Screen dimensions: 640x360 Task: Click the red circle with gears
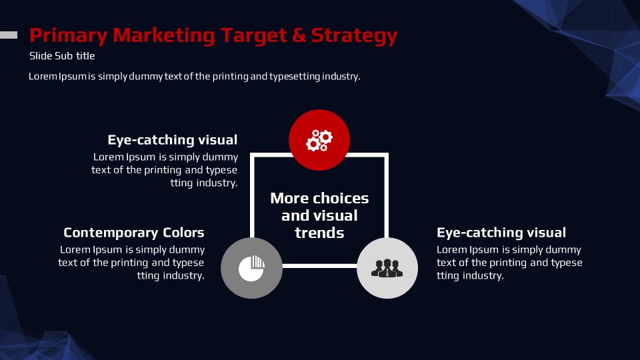(319, 140)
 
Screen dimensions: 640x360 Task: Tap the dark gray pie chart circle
(251, 268)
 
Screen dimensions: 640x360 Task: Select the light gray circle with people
(387, 268)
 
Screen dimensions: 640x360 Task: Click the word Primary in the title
(68, 36)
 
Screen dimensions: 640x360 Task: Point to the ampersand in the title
(299, 35)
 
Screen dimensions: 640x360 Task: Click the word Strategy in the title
(354, 36)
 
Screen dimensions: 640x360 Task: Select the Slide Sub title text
(62, 56)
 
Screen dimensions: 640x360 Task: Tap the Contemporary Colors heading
(134, 233)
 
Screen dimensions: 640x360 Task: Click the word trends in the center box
(319, 233)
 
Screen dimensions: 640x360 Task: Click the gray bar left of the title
(9, 35)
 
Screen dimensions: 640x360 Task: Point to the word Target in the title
(253, 36)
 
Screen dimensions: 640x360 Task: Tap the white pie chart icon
(251, 268)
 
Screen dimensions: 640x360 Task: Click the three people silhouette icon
(387, 268)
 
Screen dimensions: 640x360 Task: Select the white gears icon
(319, 140)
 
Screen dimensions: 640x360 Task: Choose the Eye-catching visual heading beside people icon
(501, 233)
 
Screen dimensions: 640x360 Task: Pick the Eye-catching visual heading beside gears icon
(172, 140)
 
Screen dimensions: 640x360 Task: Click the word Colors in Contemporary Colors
(184, 233)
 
